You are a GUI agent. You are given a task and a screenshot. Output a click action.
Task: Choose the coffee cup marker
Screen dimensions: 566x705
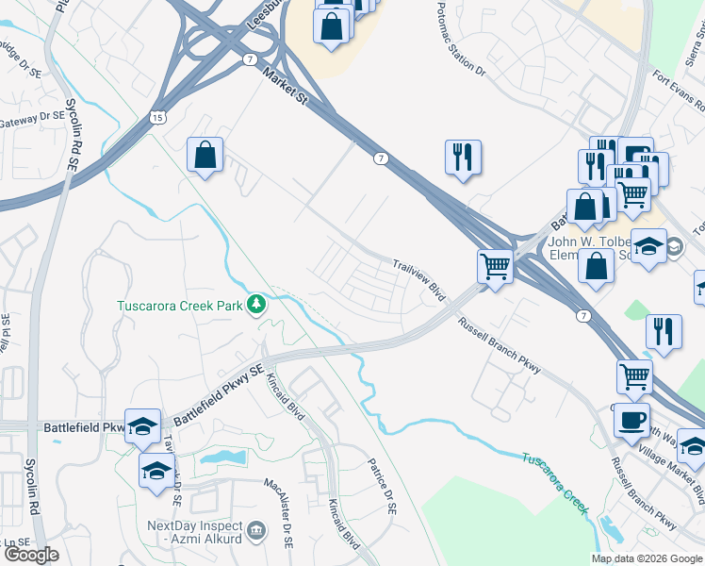pos(631,419)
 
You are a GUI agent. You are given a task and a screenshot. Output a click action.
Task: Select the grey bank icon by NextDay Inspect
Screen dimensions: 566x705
pos(255,532)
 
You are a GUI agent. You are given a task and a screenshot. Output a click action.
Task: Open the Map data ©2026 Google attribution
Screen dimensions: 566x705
pos(648,558)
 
